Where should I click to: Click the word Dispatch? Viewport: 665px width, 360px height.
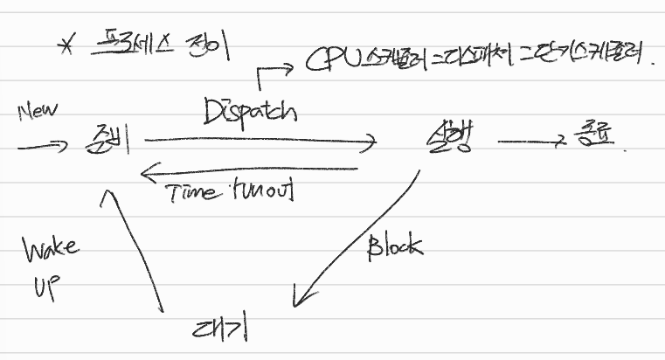tap(250, 112)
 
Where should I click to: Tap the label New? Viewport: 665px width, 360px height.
tap(38, 112)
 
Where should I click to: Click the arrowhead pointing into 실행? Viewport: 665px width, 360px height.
tap(369, 140)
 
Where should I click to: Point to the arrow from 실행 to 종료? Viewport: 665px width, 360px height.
tap(529, 141)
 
